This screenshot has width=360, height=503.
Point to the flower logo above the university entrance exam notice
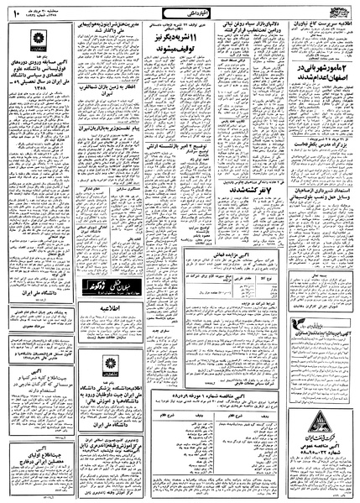point(45,43)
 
